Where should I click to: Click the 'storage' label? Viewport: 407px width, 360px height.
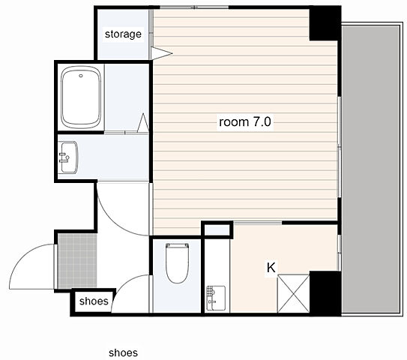click(x=123, y=34)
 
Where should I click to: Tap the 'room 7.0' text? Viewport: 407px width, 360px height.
click(x=245, y=121)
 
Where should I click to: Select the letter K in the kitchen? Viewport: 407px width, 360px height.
click(x=271, y=268)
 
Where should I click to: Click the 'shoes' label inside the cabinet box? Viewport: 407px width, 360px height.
click(x=94, y=301)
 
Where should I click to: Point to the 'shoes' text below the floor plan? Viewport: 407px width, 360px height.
click(x=123, y=352)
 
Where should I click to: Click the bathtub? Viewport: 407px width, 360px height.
click(x=81, y=97)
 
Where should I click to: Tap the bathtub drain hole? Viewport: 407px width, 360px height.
click(x=81, y=76)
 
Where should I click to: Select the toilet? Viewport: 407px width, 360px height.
click(x=178, y=262)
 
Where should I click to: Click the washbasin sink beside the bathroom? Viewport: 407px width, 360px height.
click(x=68, y=157)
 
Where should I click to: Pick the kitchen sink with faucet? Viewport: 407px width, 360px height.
click(x=216, y=298)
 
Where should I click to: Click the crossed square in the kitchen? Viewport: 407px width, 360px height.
click(x=293, y=293)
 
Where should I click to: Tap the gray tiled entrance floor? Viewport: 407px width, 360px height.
click(x=77, y=261)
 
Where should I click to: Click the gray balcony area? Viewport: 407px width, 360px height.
click(x=371, y=169)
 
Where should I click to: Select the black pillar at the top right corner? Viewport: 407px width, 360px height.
click(x=325, y=23)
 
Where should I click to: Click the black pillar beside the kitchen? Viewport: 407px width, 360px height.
click(x=325, y=293)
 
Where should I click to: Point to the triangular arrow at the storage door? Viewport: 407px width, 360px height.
click(x=161, y=53)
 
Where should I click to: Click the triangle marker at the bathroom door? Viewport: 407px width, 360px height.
click(x=143, y=123)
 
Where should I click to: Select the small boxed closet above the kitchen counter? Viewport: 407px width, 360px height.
click(x=217, y=229)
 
